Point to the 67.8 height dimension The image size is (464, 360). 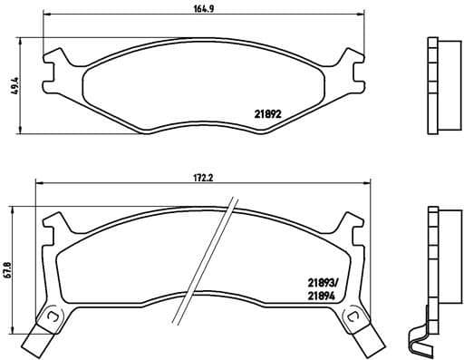8,269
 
